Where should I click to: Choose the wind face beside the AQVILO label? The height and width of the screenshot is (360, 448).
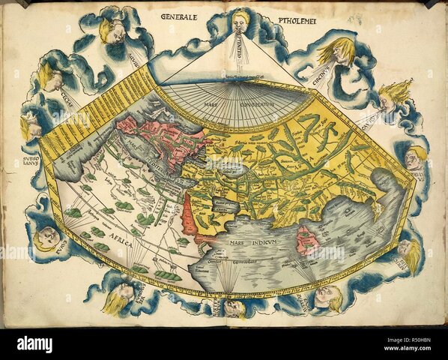click(x=112, y=31)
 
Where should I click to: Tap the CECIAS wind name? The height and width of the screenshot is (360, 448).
click(x=71, y=97)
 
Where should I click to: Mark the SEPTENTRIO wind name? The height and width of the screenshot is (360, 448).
click(x=240, y=56)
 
